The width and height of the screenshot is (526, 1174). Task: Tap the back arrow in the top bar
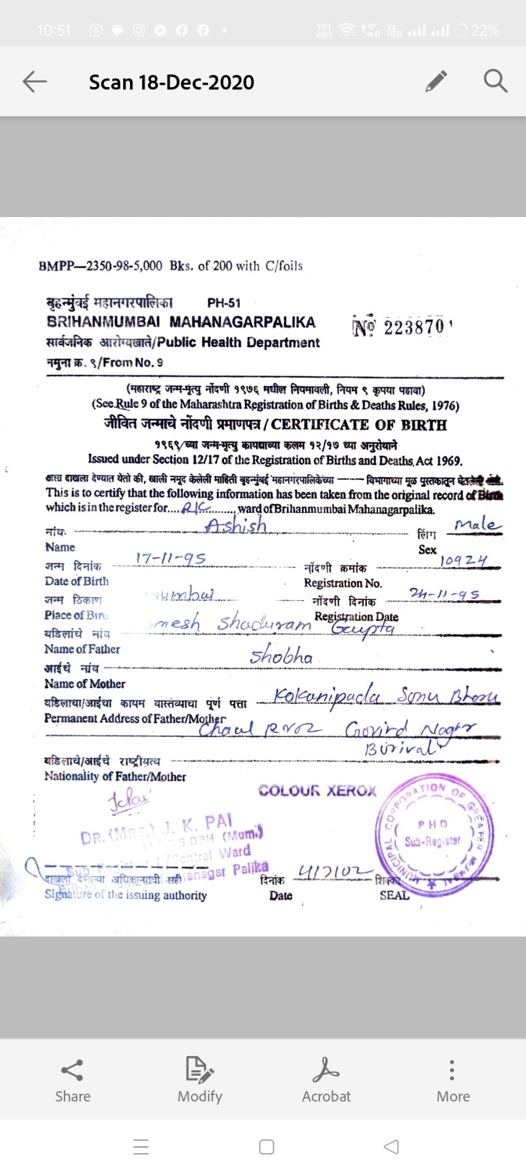pos(35,82)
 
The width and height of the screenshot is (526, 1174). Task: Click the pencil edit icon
pos(436,81)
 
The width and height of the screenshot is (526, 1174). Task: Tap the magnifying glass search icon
pos(495,80)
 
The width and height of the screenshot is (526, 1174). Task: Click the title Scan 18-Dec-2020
pos(171,82)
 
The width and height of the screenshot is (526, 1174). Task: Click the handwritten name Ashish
pos(236,526)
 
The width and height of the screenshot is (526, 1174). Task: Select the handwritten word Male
pos(475,524)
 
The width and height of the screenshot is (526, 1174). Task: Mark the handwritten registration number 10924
pos(464,560)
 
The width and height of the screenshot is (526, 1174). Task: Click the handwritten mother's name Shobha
pos(281,656)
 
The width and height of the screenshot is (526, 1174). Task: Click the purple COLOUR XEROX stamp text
pos(317,791)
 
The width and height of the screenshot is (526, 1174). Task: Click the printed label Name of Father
pos(82,649)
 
